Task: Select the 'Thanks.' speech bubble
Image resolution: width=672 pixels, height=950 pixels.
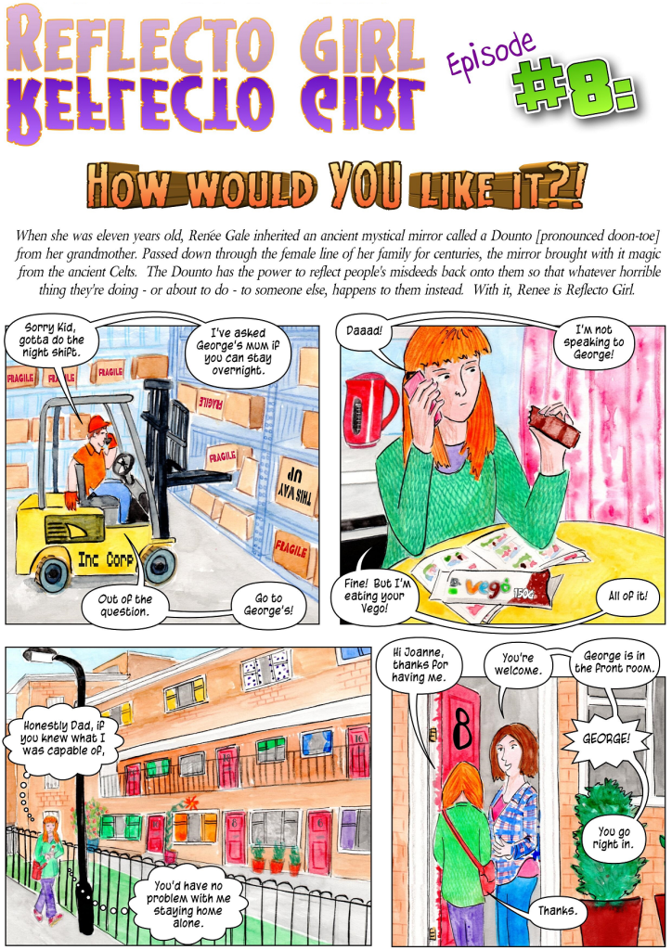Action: pos(559,910)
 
